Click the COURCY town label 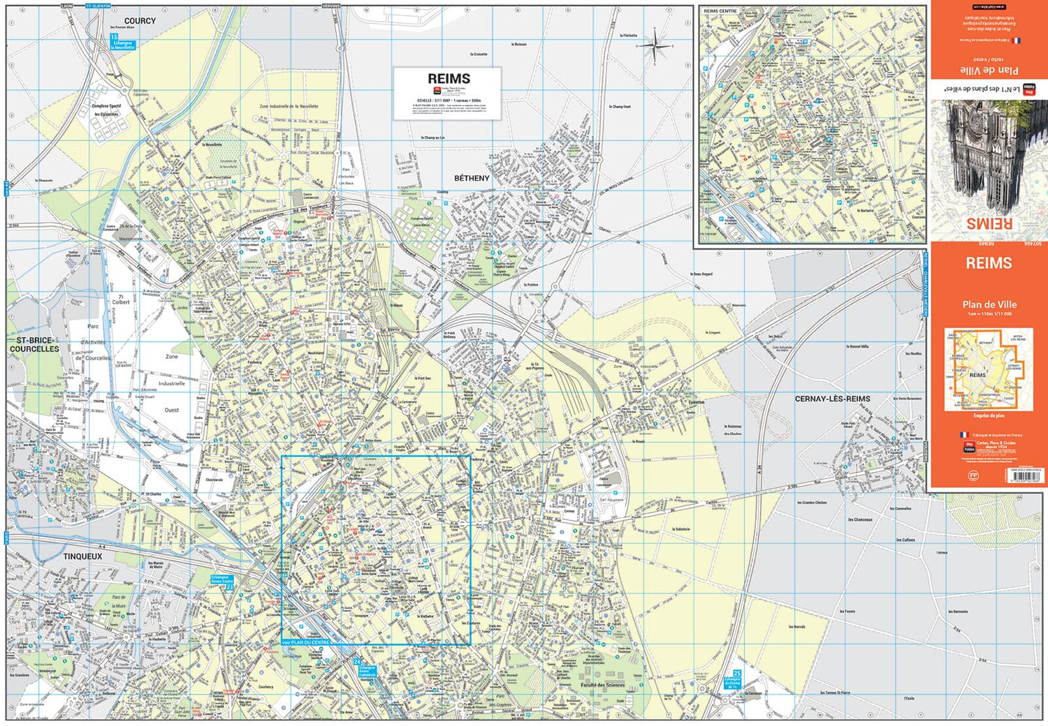140,21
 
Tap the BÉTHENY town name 472,178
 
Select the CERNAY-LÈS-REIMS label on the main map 833,399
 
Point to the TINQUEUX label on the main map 82,556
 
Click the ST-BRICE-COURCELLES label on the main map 34,344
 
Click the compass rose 655,47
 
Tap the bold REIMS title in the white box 449,79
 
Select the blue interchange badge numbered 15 114,37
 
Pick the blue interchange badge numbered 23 230,587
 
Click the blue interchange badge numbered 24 357,661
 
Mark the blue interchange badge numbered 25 736,674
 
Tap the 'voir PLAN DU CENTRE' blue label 305,642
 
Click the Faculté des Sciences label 602,685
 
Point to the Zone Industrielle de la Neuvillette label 289,107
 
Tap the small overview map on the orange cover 988,370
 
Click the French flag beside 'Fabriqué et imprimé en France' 963,435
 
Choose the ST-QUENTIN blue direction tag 98,6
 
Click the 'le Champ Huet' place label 620,107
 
